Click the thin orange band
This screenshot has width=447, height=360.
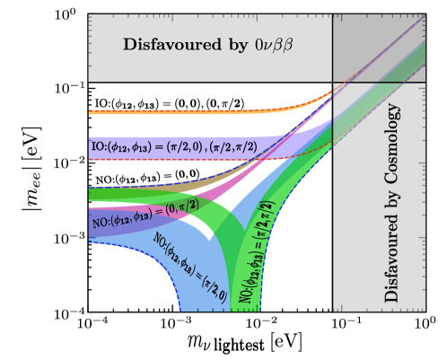coord(180,111)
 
